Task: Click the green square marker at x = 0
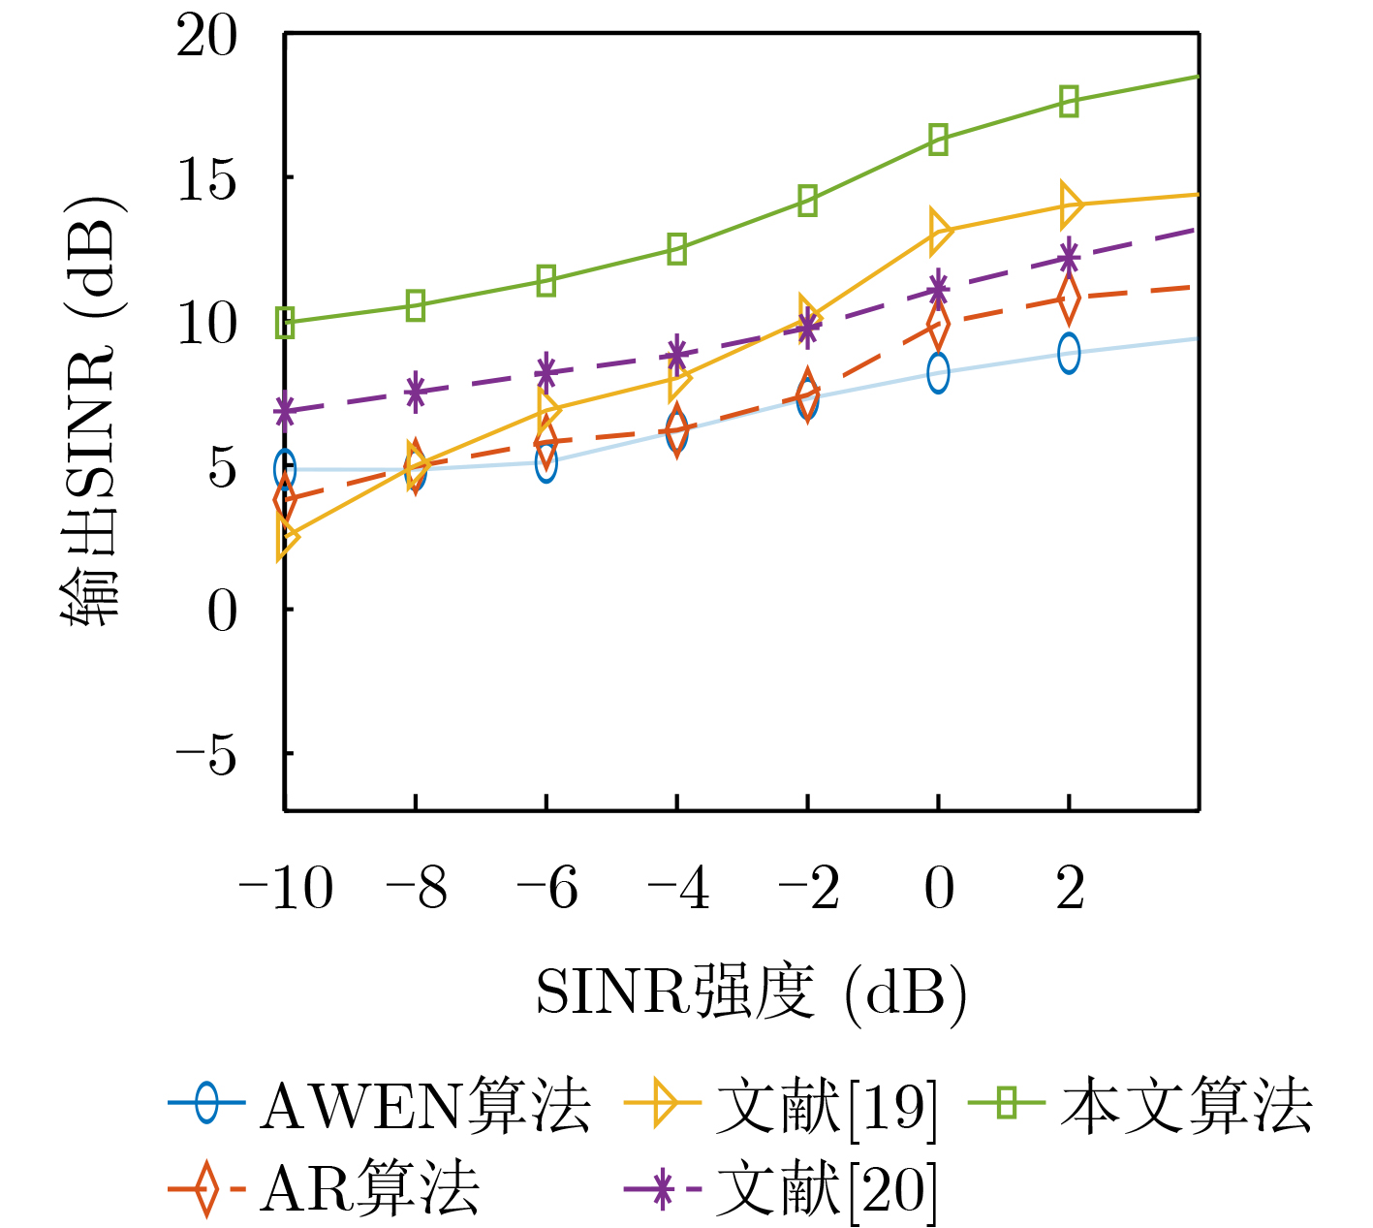coord(938,140)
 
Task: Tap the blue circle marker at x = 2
coord(1069,353)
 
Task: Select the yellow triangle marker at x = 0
coord(938,231)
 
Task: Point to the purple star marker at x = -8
coord(416,392)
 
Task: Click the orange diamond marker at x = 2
coord(1069,299)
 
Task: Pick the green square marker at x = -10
coord(285,323)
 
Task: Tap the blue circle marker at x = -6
coord(546,462)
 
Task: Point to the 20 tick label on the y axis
coord(206,38)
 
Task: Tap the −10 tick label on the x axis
coord(285,888)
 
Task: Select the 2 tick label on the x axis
coord(1070,888)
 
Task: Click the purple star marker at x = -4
coord(677,353)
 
